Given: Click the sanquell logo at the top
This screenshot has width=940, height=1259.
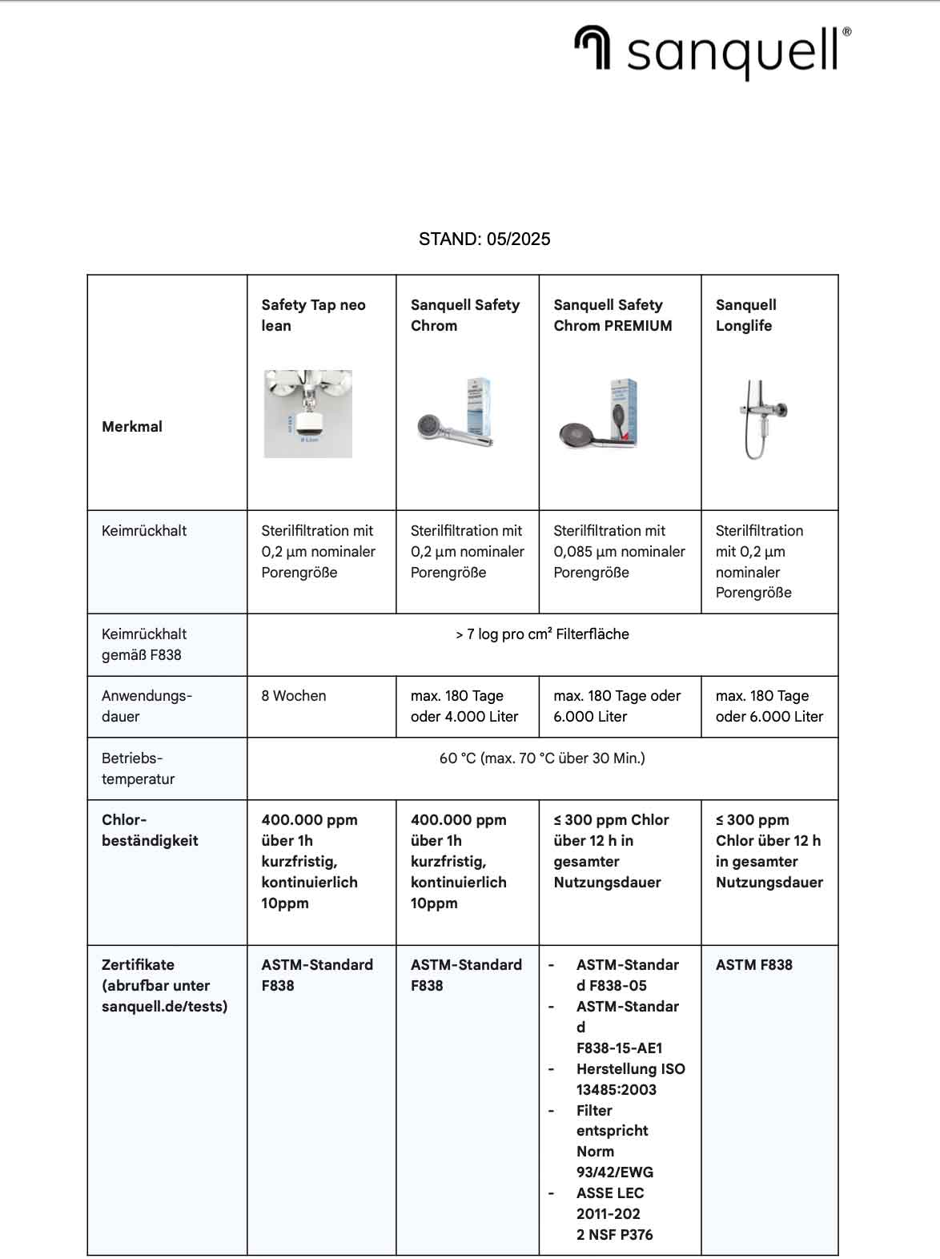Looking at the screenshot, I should pyautogui.click(x=712, y=50).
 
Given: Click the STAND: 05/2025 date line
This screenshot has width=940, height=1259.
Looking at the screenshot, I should pyautogui.click(x=484, y=239).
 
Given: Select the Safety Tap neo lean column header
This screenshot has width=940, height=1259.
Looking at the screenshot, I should pyautogui.click(x=313, y=315).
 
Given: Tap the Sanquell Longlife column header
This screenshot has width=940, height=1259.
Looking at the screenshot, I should pyautogui.click(x=745, y=315).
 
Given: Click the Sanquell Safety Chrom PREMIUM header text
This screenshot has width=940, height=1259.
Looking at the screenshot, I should pyautogui.click(x=613, y=315).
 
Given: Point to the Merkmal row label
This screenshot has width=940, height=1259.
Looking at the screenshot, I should pyautogui.click(x=132, y=426).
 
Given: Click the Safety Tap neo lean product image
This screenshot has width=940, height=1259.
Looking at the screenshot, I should pyautogui.click(x=308, y=413).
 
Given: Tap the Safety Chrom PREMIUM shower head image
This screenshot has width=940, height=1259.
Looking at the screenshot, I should pyautogui.click(x=597, y=415).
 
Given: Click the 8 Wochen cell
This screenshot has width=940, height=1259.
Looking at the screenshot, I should pyautogui.click(x=294, y=695).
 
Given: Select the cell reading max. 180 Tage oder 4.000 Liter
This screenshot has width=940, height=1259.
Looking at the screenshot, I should pyautogui.click(x=464, y=706).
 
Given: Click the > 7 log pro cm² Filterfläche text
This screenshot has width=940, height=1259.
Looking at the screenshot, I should pyautogui.click(x=542, y=634).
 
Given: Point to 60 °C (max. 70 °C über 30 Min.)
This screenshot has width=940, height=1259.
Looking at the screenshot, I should pyautogui.click(x=542, y=758).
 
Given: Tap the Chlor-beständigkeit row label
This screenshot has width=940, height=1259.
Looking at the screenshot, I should pyautogui.click(x=150, y=830).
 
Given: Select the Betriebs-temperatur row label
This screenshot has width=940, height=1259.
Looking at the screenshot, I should pyautogui.click(x=138, y=768).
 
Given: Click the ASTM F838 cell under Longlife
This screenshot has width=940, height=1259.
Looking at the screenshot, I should pyautogui.click(x=753, y=964).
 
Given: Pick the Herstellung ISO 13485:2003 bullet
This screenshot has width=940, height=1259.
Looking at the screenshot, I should pyautogui.click(x=630, y=1079).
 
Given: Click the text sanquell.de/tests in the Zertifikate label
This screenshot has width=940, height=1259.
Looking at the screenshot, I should pyautogui.click(x=164, y=1006).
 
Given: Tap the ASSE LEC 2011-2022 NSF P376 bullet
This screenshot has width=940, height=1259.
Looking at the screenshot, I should pyautogui.click(x=614, y=1213).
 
